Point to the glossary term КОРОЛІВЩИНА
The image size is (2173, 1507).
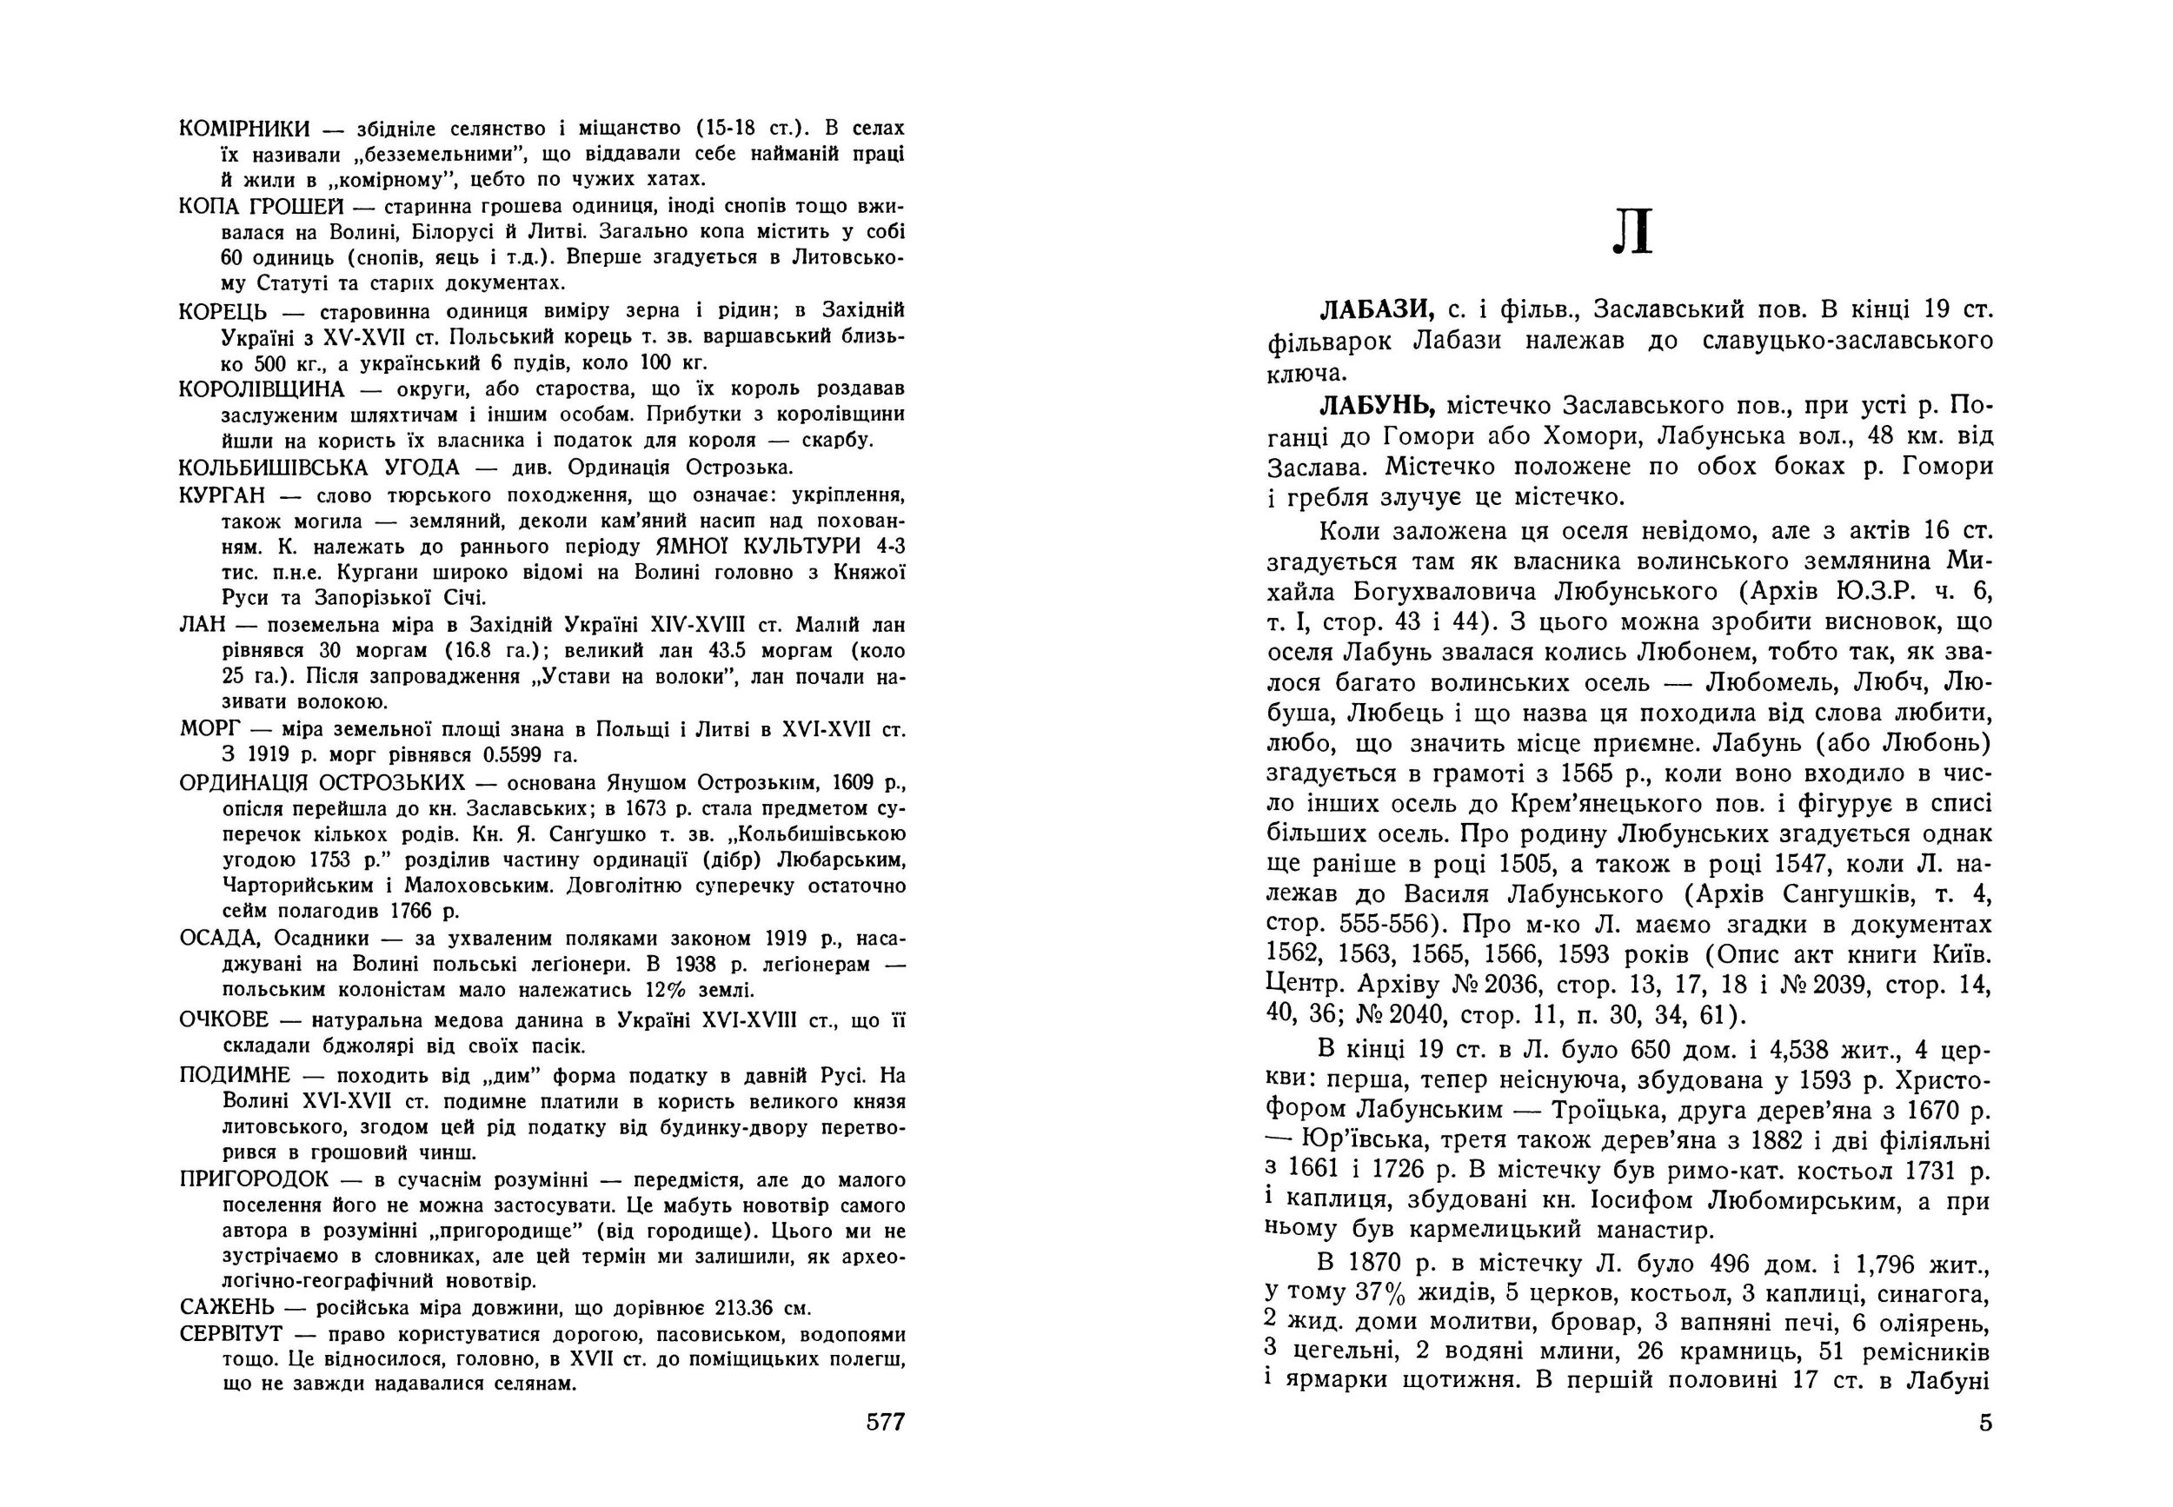pos(260,389)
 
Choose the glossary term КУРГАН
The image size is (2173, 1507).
pos(216,495)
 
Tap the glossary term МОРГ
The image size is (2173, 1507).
pos(209,730)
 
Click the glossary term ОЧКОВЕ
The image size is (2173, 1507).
pos(223,1019)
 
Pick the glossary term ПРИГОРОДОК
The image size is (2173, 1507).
pos(253,1179)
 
